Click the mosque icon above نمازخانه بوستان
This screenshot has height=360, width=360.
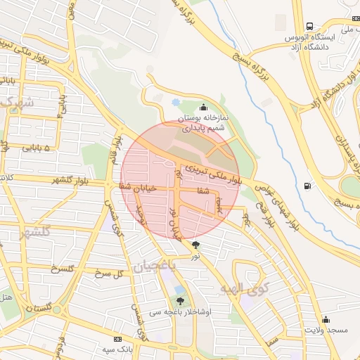click(204, 107)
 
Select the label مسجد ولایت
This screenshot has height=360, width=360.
click(326, 329)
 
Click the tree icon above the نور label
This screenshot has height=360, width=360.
click(195, 245)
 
